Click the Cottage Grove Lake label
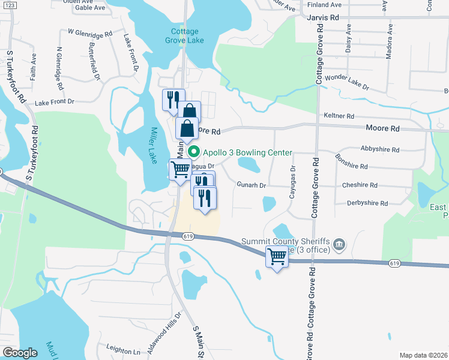click(188, 35)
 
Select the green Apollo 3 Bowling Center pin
click(193, 152)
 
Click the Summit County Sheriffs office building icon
click(339, 244)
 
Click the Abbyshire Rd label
click(380, 149)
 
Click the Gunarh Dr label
click(251, 185)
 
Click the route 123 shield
click(6, 4)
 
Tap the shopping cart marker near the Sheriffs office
click(277, 257)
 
